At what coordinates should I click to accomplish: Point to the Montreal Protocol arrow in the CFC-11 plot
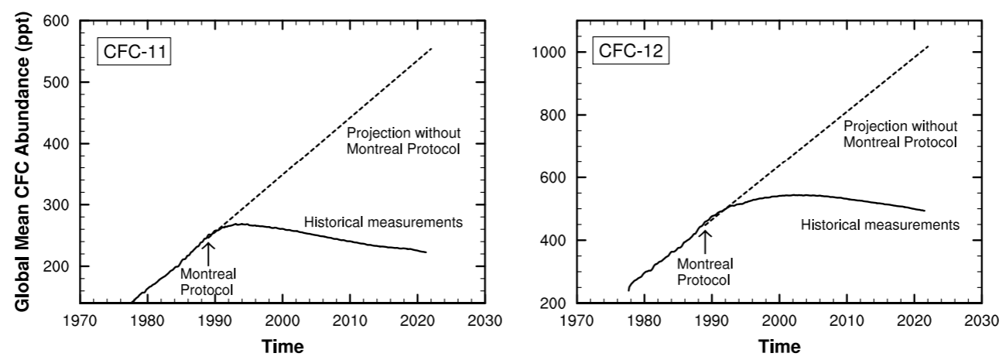(x=208, y=252)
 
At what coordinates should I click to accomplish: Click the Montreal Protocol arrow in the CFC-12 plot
(x=705, y=242)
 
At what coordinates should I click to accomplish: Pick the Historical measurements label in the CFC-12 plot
(x=880, y=225)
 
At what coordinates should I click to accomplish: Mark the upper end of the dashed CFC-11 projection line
(x=431, y=48)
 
